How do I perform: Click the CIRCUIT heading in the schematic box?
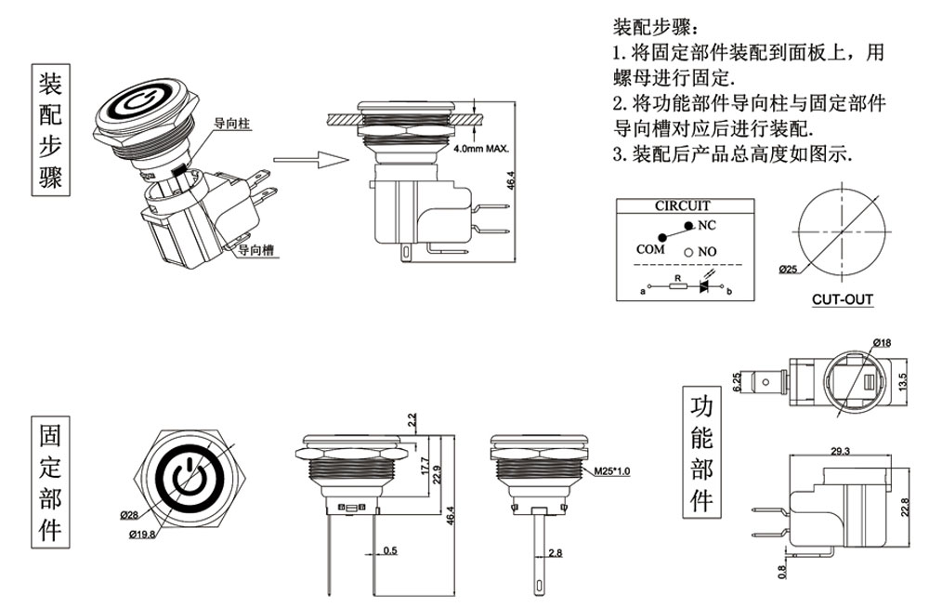click(682, 205)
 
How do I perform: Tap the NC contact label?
click(707, 225)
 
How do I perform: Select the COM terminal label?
click(651, 249)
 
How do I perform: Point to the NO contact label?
click(707, 252)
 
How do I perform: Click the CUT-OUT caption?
click(842, 300)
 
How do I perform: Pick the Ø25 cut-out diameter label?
click(789, 270)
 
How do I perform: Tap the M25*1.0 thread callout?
click(612, 472)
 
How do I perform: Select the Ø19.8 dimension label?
click(143, 534)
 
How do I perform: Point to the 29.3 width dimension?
click(841, 451)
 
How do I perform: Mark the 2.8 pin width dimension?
click(556, 552)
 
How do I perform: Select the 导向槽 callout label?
click(255, 250)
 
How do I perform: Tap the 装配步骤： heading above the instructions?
click(653, 25)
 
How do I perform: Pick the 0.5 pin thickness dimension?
click(389, 551)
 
